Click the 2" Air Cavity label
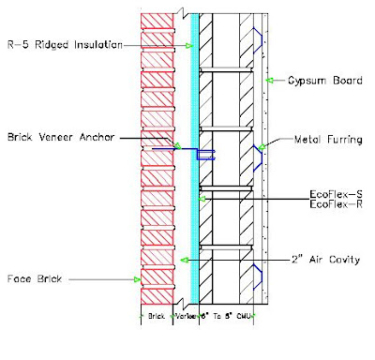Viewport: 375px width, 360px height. (320, 259)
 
